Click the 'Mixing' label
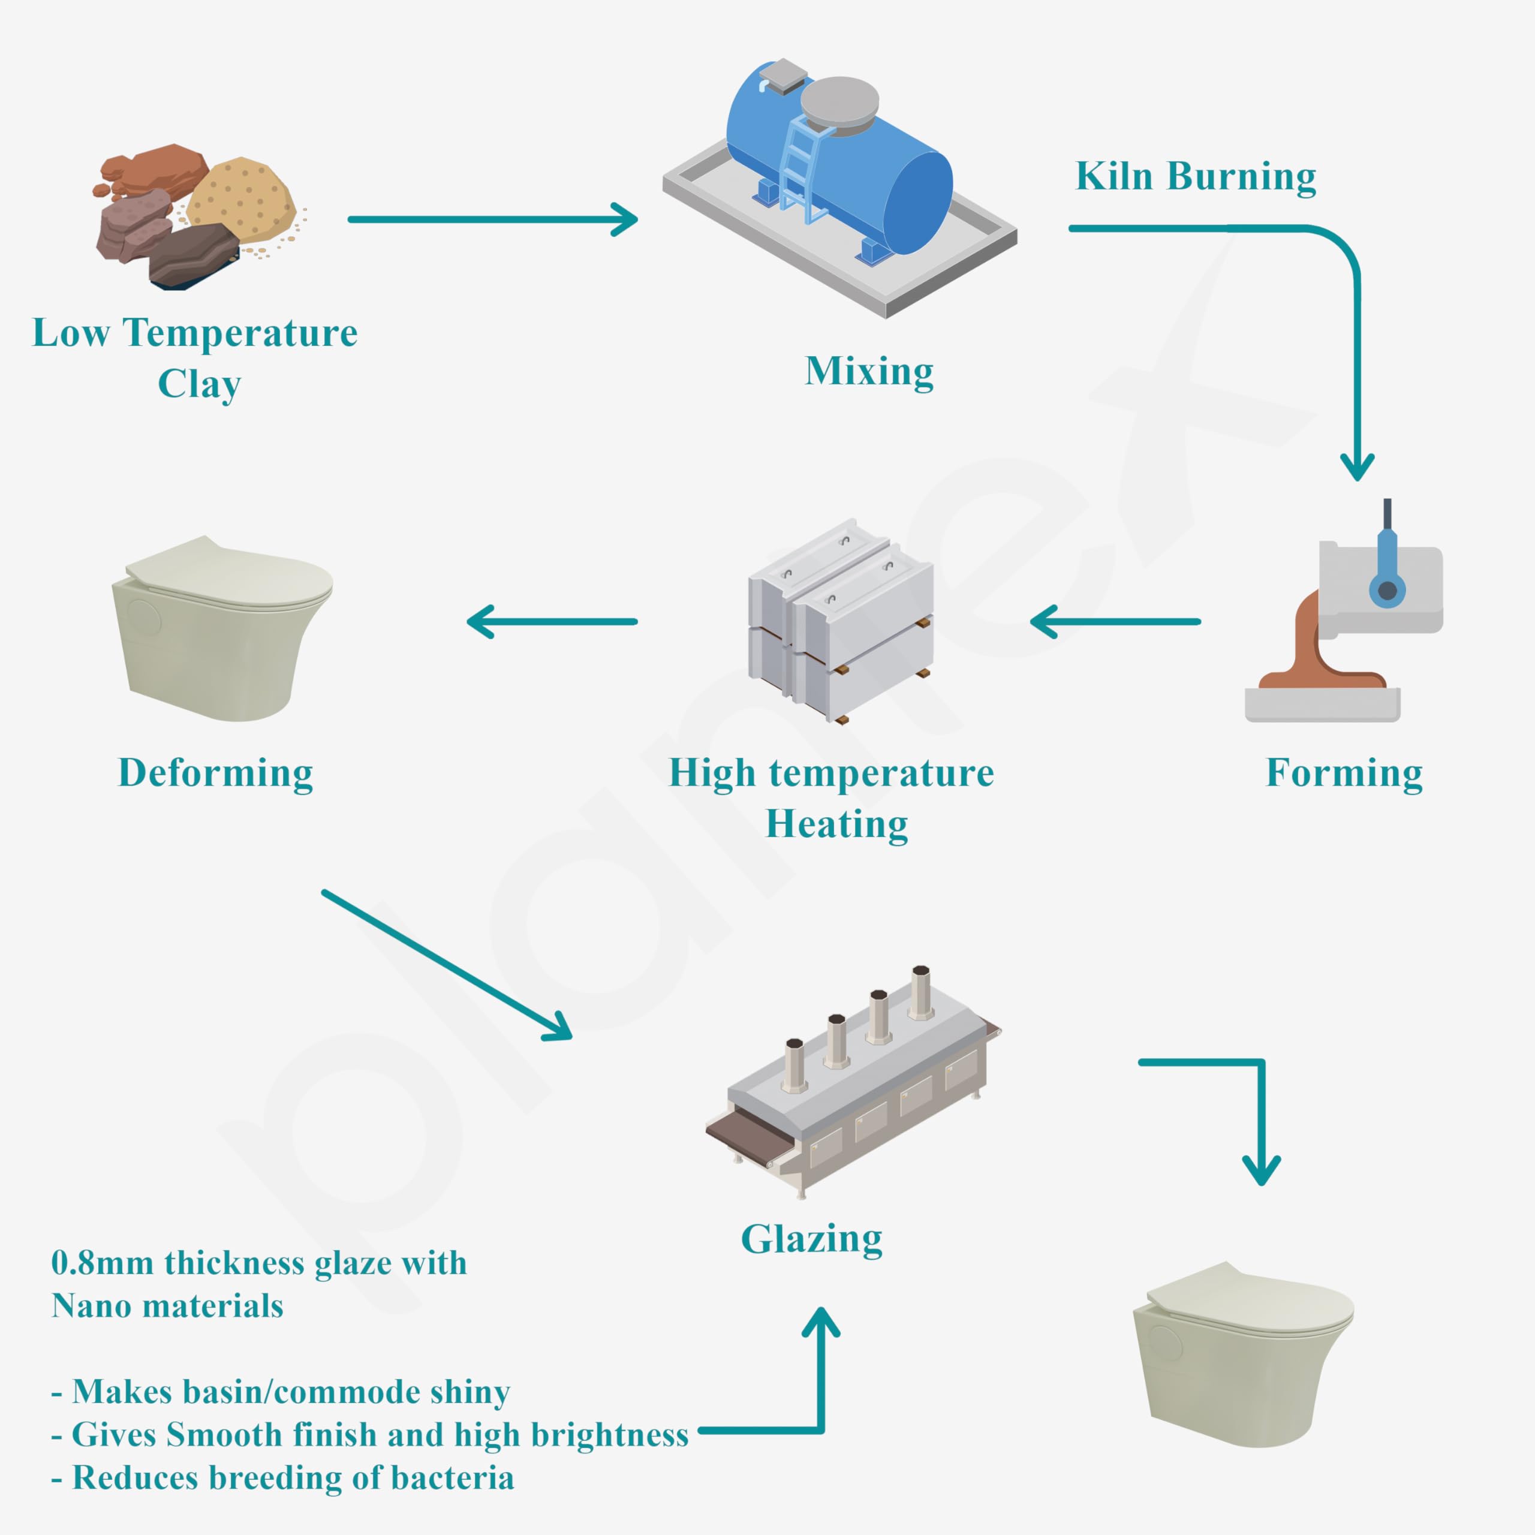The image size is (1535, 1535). [x=869, y=371]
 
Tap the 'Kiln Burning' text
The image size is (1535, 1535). [x=1195, y=176]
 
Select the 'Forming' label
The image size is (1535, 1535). [x=1344, y=773]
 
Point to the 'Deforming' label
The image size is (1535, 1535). [x=215, y=773]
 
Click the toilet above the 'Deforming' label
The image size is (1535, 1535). [x=222, y=628]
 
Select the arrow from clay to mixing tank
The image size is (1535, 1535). [x=493, y=219]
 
